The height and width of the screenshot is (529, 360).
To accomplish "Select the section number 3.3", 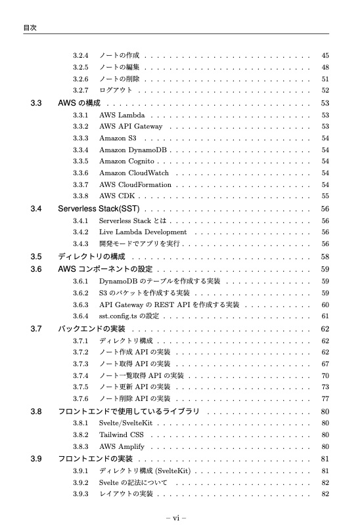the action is pyautogui.click(x=36, y=103).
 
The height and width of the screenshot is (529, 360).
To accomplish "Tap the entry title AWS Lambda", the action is pyautogui.click(x=122, y=116).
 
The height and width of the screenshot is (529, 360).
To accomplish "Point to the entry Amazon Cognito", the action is pyautogui.click(x=127, y=161).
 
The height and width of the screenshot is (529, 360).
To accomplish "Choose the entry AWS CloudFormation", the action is pyautogui.click(x=134, y=184).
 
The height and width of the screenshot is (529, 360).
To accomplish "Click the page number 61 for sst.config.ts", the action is pyautogui.click(x=325, y=316).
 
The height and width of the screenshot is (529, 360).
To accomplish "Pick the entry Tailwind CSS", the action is pyautogui.click(x=121, y=434).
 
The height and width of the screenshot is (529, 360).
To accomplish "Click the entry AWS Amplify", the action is pyautogui.click(x=121, y=446).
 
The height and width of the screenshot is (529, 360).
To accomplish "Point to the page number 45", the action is pyautogui.click(x=325, y=54).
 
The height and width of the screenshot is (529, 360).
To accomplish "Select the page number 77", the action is pyautogui.click(x=325, y=399).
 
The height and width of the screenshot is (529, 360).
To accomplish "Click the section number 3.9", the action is pyautogui.click(x=36, y=458).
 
